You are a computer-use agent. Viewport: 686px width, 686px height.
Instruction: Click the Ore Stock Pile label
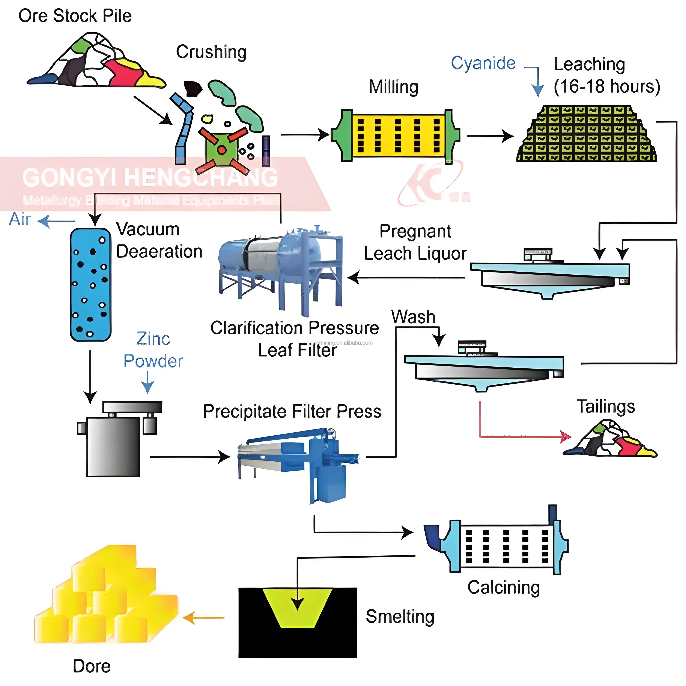point(75,16)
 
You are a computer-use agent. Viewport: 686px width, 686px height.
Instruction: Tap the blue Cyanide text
point(483,63)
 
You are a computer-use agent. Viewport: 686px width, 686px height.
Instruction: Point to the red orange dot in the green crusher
point(222,149)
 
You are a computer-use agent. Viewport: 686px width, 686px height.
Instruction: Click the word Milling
point(393,87)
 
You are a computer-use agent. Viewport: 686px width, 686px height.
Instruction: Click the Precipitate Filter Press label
point(292,412)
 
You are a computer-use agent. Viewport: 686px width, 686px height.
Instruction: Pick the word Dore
point(91,666)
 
